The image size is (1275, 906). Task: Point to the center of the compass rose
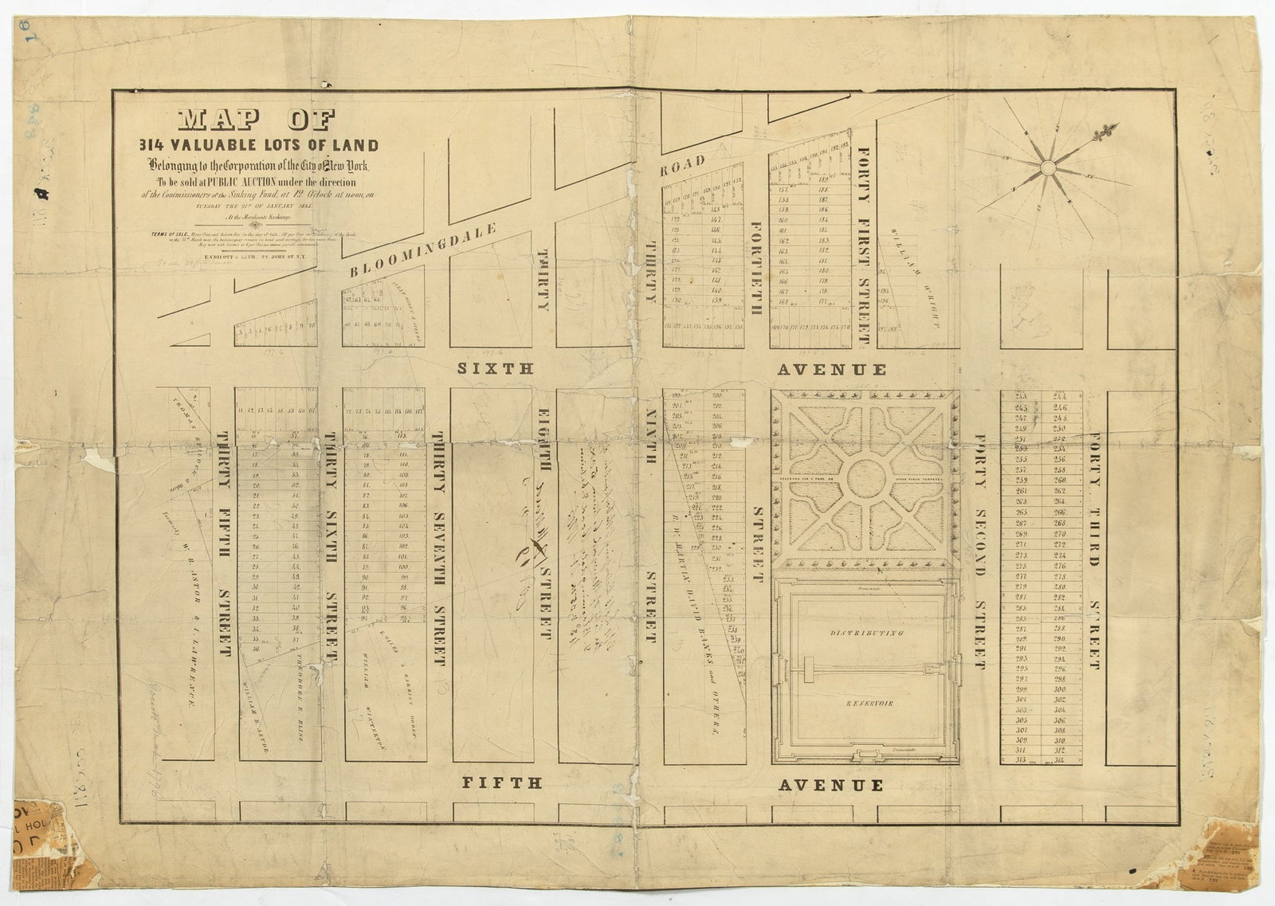click(1048, 167)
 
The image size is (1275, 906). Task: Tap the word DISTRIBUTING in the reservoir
click(866, 633)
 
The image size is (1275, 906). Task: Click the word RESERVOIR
click(866, 704)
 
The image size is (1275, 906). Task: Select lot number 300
click(1059, 689)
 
